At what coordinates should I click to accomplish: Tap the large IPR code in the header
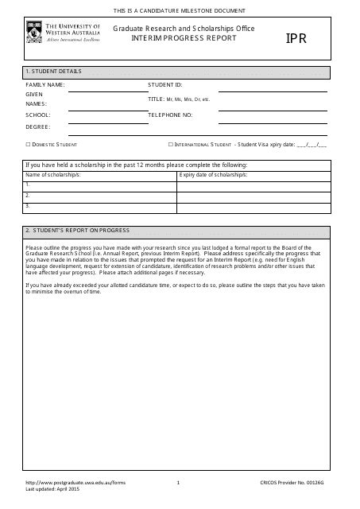click(296, 38)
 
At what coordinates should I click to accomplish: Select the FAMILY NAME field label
click(45, 84)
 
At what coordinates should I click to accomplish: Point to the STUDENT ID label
click(165, 84)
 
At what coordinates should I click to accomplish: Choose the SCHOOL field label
click(37, 115)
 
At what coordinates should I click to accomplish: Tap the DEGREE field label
click(38, 126)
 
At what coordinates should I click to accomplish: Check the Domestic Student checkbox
click(28, 145)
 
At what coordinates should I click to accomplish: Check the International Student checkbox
click(170, 145)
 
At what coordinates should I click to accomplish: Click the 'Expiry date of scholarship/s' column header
click(214, 173)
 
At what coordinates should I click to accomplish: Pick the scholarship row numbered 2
click(99, 194)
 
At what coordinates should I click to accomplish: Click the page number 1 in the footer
click(179, 483)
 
